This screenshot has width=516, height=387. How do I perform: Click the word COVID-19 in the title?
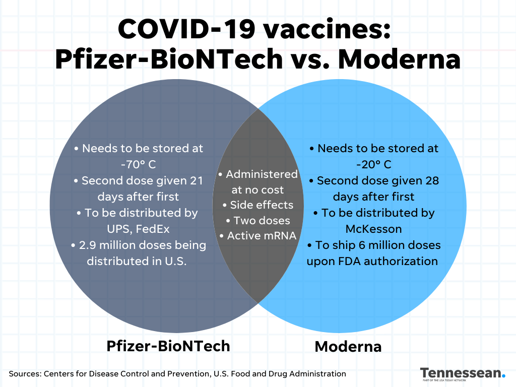186,29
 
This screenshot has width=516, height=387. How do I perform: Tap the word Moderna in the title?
399,59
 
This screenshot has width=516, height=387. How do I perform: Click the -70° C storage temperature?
139,164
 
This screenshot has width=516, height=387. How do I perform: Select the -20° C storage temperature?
374,164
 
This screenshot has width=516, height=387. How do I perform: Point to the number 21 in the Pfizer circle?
197,180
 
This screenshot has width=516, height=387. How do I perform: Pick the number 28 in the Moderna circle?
432,180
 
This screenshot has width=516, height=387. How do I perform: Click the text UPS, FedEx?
138,229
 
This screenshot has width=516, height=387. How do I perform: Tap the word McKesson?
373,229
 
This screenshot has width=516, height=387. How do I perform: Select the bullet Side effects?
257,205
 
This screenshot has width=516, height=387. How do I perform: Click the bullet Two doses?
258,221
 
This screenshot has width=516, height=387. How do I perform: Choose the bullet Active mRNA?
258,236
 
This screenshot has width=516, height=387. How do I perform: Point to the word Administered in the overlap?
262,174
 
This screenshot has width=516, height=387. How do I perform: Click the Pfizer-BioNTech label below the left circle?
168,346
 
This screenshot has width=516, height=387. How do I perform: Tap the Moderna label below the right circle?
348,347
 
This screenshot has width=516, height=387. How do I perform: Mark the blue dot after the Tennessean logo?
503,375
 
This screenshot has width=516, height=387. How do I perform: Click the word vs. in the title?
310,59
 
